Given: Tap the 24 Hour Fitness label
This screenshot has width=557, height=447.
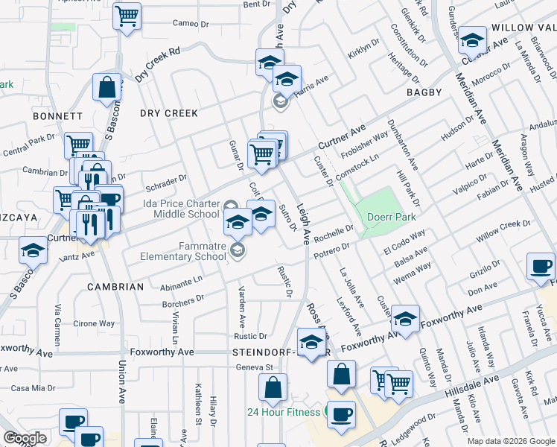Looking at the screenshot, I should tap(284, 412).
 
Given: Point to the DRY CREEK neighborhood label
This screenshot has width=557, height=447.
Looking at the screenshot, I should tap(169, 113).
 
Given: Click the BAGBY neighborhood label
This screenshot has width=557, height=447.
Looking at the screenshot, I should tap(424, 92).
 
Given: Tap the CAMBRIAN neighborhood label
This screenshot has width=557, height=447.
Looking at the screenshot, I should tap(115, 287).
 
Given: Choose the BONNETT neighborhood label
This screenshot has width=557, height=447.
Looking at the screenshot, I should tap(57, 116).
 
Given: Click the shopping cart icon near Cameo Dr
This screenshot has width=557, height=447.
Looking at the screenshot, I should tap(127, 16).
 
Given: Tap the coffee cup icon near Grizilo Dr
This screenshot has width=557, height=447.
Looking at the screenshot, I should tap(540, 266).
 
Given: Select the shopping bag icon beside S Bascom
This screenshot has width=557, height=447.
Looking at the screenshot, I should tap(108, 86).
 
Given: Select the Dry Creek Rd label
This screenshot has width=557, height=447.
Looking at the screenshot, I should tap(158, 66).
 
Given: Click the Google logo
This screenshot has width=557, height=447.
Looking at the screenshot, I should tap(25, 438).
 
